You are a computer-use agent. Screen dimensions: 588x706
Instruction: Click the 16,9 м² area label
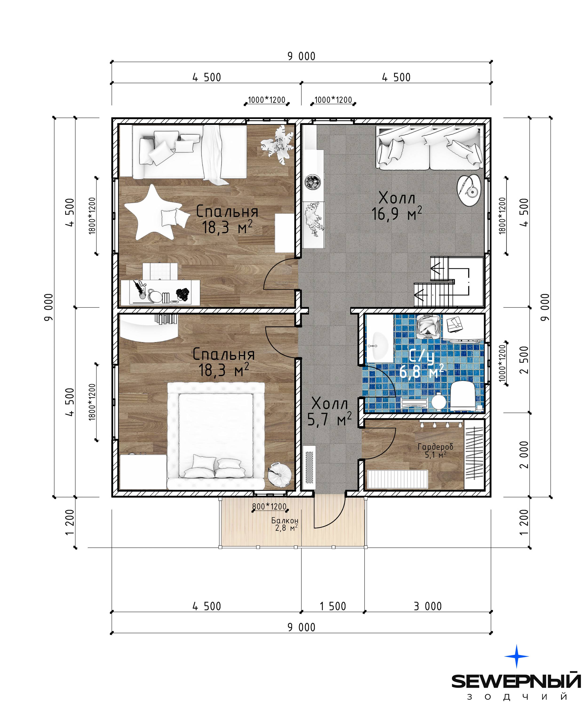(x=397, y=214)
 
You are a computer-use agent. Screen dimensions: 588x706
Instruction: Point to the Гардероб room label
(x=435, y=447)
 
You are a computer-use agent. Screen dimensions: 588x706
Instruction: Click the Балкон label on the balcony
(x=285, y=520)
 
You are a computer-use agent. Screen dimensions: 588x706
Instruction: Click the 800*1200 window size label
(x=269, y=506)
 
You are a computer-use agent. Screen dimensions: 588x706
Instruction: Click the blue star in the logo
(x=517, y=656)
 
